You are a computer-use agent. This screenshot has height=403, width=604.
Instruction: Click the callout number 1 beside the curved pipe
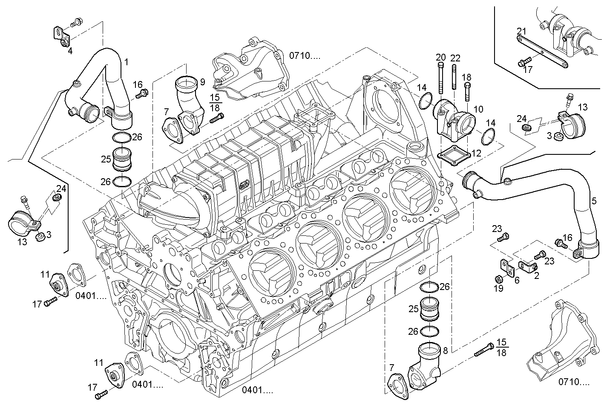126,62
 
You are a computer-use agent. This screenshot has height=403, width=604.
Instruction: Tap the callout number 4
70,51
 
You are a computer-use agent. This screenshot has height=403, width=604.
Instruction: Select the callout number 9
202,81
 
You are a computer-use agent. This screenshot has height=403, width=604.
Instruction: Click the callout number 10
478,109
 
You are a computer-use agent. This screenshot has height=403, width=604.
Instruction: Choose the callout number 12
476,153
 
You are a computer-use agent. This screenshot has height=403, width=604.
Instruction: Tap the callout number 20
440,57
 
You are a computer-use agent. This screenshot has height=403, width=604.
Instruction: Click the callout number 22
455,58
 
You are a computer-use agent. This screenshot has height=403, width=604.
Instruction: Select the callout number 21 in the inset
522,31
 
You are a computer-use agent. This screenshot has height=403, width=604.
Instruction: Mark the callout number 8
445,351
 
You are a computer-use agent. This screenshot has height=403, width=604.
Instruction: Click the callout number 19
498,289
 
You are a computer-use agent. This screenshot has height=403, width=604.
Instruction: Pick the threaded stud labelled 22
454,77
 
